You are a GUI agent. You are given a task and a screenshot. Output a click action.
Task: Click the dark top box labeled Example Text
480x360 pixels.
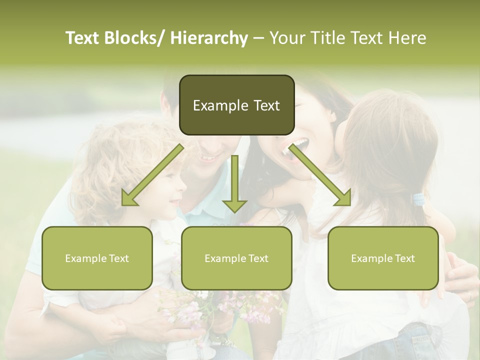pyautogui.click(x=236, y=105)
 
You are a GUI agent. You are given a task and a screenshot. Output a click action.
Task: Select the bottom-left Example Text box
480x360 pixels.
pyautogui.click(x=97, y=258)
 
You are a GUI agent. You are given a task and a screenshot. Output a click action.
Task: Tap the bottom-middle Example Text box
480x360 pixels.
pyautogui.click(x=236, y=258)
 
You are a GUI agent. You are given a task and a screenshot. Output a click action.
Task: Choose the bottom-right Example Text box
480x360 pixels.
pyautogui.click(x=383, y=258)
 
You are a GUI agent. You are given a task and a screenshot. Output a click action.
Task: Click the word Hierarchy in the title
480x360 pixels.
pyautogui.click(x=209, y=38)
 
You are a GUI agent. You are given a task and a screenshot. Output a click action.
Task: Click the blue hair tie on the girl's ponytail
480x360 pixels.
pyautogui.click(x=418, y=200)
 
